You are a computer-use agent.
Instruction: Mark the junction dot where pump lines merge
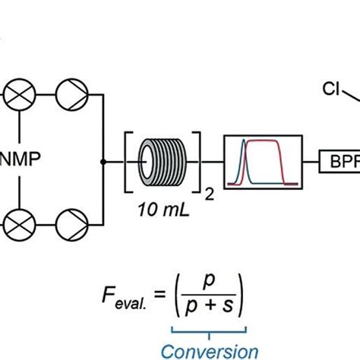pos(103,162)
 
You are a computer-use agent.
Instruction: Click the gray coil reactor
pos(162,161)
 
